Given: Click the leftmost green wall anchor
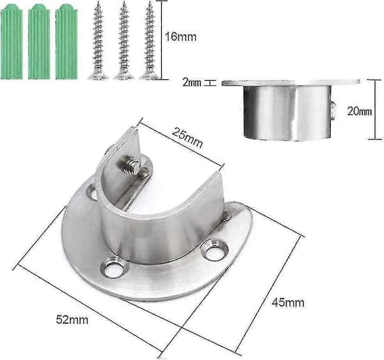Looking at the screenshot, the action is click(x=12, y=43).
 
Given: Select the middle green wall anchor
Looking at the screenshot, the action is click(x=39, y=43).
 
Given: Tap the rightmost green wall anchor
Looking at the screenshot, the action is click(x=67, y=43).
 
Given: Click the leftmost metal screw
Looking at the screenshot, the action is click(x=98, y=41).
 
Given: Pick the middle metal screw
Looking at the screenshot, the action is click(x=124, y=41).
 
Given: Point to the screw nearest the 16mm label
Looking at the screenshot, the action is click(x=149, y=41).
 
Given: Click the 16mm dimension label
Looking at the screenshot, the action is click(x=180, y=37).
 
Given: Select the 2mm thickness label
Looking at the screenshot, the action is click(x=192, y=82).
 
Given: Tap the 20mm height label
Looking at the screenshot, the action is click(x=359, y=111).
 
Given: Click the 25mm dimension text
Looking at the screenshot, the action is click(x=188, y=137).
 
